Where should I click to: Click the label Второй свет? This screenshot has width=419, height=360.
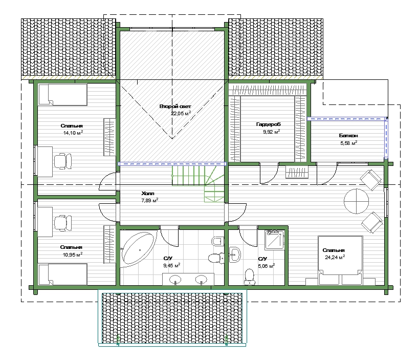click(x=175, y=107)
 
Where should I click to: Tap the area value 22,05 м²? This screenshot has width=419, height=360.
click(x=181, y=113)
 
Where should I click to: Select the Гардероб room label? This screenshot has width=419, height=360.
click(x=268, y=124)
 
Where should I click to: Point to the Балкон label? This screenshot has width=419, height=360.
click(x=348, y=136)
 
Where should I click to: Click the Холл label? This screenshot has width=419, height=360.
click(x=148, y=193)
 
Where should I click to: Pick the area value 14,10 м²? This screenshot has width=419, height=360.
click(x=73, y=133)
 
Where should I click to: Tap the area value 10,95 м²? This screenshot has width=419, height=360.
click(x=73, y=255)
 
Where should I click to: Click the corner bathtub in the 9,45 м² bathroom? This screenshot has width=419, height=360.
click(x=138, y=249)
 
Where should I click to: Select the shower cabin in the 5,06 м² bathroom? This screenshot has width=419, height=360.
click(x=274, y=239)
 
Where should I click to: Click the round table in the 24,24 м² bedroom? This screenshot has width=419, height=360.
click(x=356, y=201)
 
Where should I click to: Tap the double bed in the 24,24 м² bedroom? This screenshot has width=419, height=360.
click(x=340, y=260)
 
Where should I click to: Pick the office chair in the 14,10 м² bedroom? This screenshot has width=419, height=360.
click(x=63, y=161)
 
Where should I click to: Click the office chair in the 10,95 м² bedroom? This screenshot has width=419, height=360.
click(x=63, y=223)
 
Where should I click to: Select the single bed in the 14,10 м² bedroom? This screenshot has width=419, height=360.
click(x=63, y=94)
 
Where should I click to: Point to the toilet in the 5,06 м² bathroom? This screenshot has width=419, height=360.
click(x=249, y=277)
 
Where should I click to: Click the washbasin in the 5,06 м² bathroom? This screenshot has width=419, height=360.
click(x=235, y=255)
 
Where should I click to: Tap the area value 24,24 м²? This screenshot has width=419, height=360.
click(x=335, y=257)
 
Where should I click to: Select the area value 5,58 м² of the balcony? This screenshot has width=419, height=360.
click(x=349, y=143)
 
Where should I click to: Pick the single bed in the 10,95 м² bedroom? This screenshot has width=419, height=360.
click(x=63, y=274)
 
